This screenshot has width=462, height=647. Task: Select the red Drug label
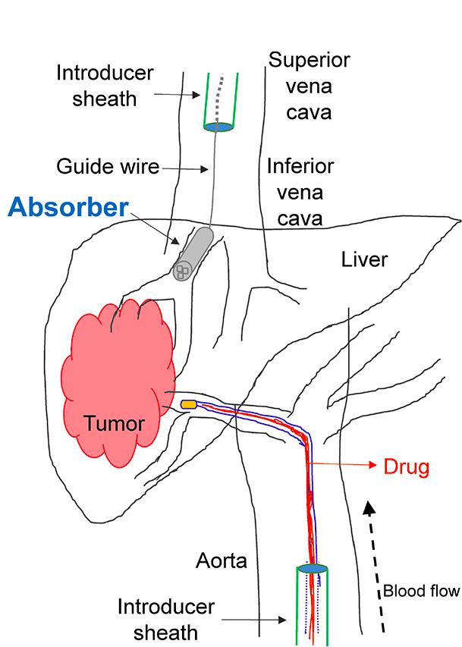pyautogui.click(x=405, y=466)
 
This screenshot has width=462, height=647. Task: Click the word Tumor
pyautogui.click(x=113, y=422)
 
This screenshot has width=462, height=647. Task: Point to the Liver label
pyautogui.click(x=364, y=260)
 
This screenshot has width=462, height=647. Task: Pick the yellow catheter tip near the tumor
pyautogui.click(x=189, y=404)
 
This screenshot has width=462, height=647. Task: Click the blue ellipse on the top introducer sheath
pyautogui.click(x=218, y=127)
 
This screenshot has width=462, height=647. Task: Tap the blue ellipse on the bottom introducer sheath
pyautogui.click(x=313, y=568)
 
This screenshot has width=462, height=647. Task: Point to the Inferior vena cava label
pyautogui.click(x=300, y=192)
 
